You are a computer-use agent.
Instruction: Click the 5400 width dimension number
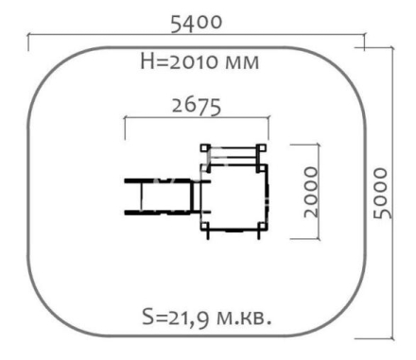pos(197,23)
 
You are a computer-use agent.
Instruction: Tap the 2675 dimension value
pos(197,106)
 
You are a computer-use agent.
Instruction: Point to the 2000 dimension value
pos(311,192)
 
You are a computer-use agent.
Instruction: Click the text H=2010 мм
pos(199,61)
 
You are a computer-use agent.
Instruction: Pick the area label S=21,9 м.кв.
pos(207,317)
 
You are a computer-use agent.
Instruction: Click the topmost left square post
pos(205,148)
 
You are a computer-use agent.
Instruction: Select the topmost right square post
pos(261,148)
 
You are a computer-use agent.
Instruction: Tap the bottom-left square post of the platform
pos(205,226)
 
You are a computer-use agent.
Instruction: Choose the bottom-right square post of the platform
pos(261,226)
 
